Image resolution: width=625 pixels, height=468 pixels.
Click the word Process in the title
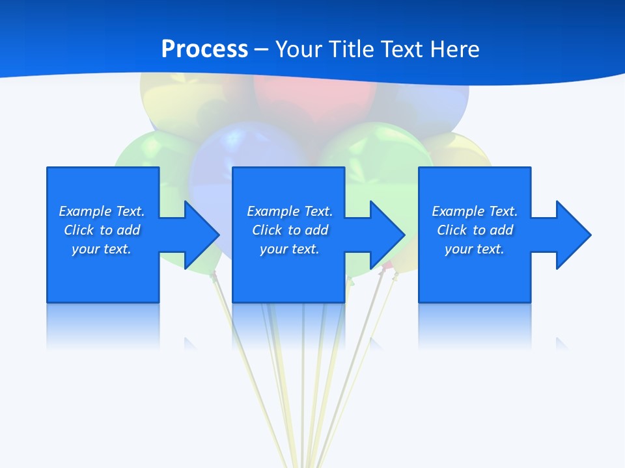tap(204, 49)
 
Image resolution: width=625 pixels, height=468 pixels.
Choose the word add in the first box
tap(128, 230)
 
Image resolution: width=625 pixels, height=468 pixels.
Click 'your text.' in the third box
tap(474, 249)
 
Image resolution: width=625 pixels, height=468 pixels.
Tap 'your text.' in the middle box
tap(289, 249)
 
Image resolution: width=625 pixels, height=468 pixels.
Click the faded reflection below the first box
tap(103, 325)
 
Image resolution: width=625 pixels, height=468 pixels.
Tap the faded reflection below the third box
tap(475, 325)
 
